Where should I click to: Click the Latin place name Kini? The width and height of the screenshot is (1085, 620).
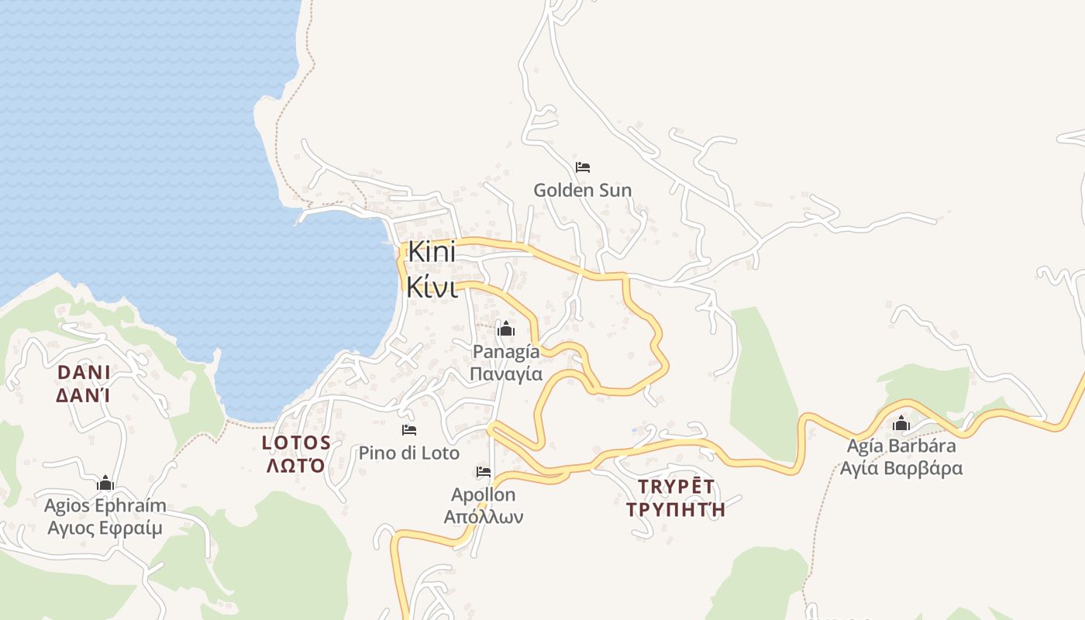[430, 253]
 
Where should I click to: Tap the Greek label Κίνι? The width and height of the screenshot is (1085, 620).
[432, 287]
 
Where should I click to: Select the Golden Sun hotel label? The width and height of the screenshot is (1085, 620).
[582, 190]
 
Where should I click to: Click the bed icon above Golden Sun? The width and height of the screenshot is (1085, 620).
[583, 167]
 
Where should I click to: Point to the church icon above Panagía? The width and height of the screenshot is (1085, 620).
[506, 329]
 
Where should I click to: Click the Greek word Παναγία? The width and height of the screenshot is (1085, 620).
[506, 374]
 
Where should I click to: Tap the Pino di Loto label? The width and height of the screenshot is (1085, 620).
[408, 453]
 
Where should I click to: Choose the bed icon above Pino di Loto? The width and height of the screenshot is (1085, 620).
[408, 430]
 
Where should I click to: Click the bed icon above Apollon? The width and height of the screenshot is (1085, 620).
[484, 472]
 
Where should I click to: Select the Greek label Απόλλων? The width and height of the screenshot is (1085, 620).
[484, 516]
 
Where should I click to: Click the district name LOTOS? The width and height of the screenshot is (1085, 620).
[297, 443]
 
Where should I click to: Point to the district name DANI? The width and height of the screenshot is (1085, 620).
[84, 373]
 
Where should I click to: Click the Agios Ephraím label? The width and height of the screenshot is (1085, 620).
[105, 506]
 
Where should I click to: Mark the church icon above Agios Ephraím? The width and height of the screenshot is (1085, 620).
[105, 484]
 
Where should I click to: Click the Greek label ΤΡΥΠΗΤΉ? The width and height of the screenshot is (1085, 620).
[676, 509]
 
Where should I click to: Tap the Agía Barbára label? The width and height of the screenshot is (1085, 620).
[901, 446]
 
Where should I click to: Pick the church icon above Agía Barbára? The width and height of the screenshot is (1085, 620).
[901, 423]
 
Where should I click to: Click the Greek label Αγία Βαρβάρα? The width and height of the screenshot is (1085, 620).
[901, 468]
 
